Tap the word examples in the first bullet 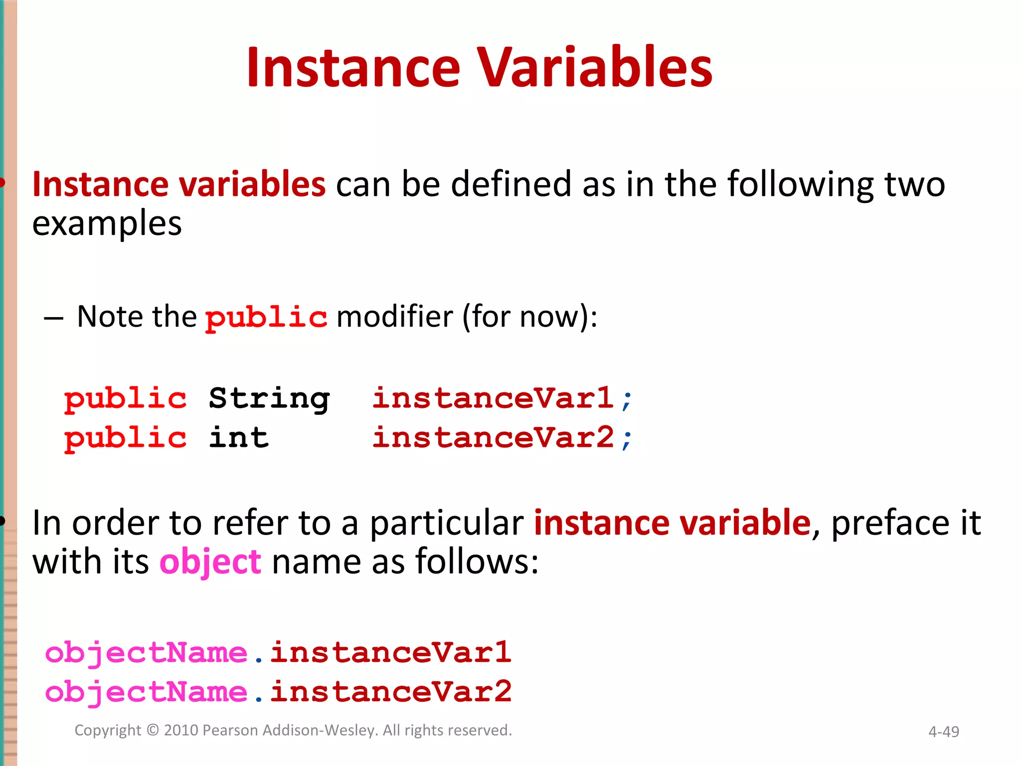click(107, 224)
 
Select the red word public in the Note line click(266, 317)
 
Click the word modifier click(395, 317)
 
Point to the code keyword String click(269, 399)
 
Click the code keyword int click(239, 438)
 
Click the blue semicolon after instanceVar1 click(627, 400)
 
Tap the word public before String click(125, 399)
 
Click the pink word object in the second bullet click(210, 563)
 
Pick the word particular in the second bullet click(447, 523)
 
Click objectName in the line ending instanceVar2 click(146, 693)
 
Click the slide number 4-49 click(943, 732)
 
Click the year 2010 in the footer click(181, 730)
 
